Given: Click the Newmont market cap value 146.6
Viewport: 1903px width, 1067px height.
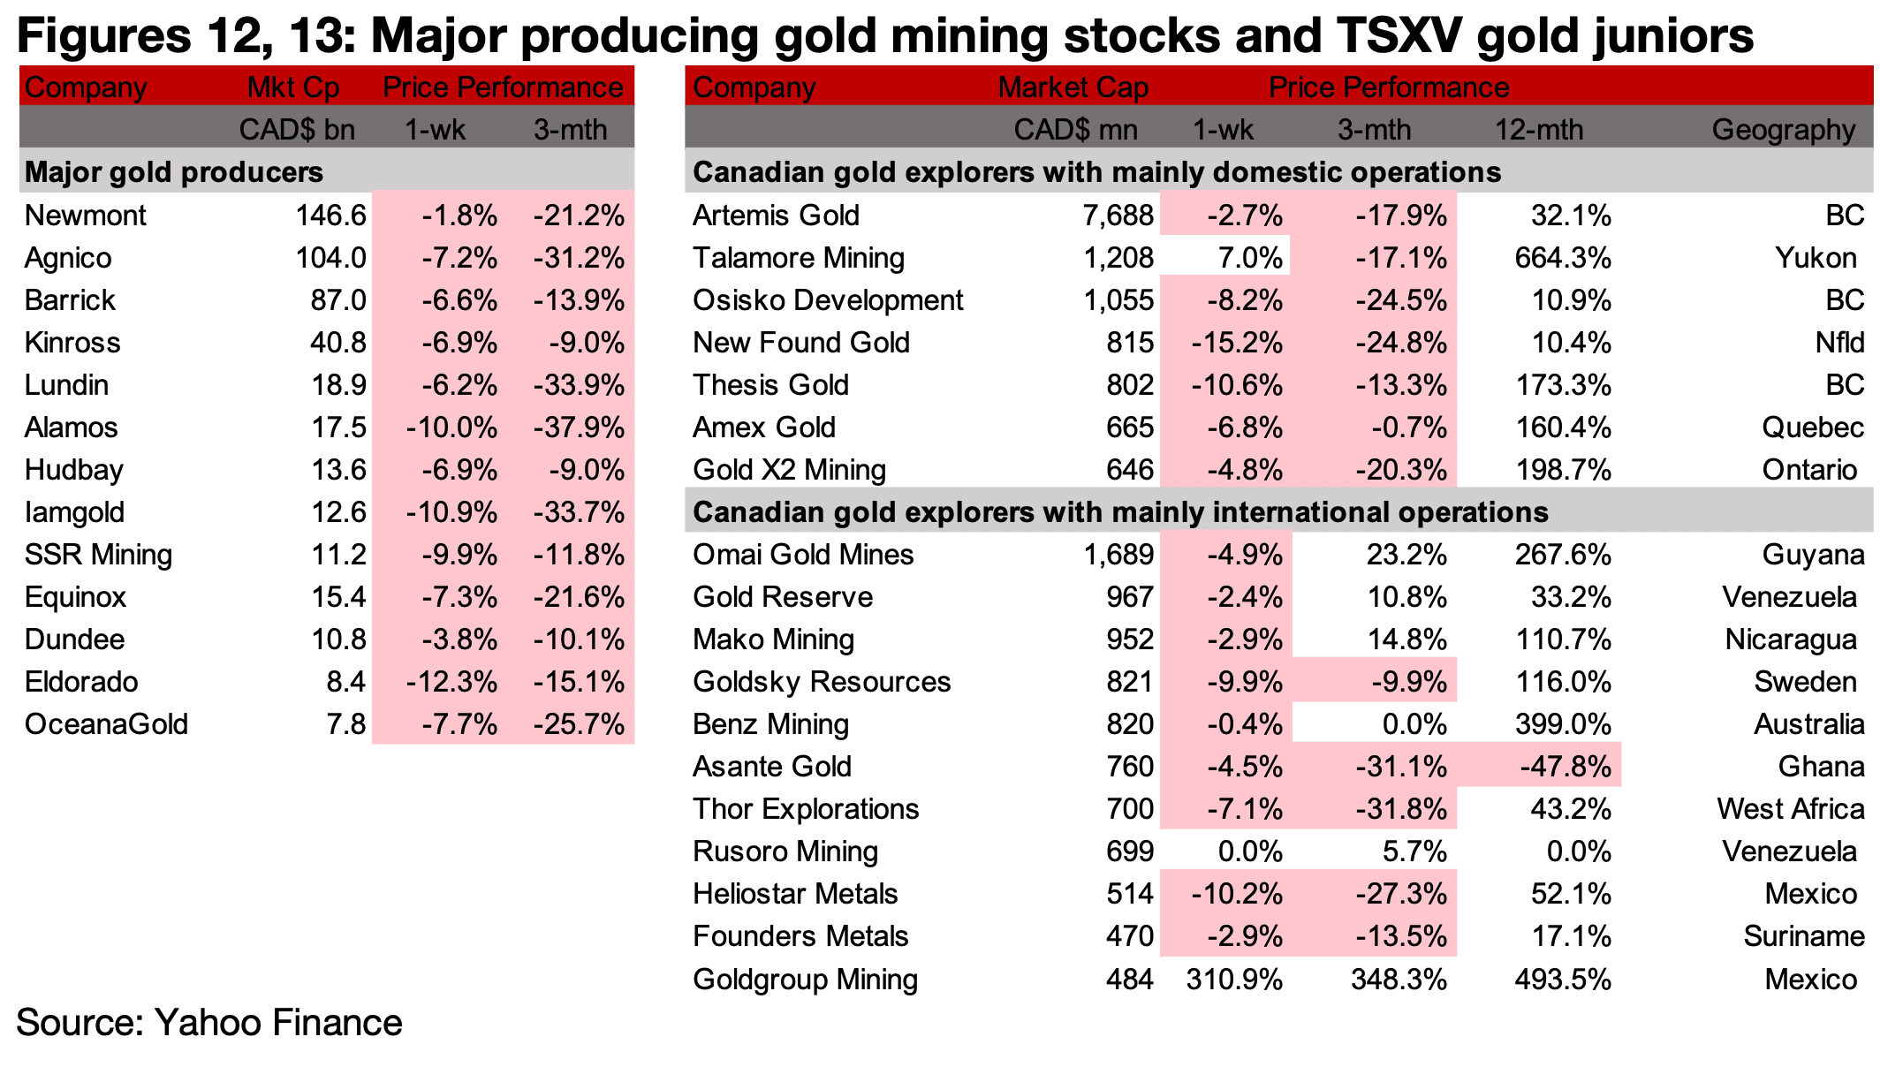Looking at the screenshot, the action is [330, 216].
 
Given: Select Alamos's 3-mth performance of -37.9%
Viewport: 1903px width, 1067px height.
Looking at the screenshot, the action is [579, 428].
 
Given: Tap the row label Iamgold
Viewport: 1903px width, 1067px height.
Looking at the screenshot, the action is [75, 513].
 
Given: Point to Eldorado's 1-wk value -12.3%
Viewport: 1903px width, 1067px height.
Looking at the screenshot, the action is [451, 682].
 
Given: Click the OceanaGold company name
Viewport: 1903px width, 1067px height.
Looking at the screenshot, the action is [107, 724].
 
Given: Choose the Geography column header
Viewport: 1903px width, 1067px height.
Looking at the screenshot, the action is [1784, 131].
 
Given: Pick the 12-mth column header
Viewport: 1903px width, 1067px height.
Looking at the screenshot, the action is [1539, 130].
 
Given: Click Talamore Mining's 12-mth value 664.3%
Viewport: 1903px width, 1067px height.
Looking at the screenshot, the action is [1563, 258].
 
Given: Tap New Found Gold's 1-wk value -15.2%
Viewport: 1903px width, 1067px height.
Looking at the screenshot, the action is [1237, 343].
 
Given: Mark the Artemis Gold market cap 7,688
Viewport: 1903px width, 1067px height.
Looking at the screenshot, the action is [1118, 216].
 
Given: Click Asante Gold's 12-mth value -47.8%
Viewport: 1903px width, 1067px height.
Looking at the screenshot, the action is [1566, 767].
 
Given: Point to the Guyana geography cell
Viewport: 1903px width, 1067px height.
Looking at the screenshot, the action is [1814, 556].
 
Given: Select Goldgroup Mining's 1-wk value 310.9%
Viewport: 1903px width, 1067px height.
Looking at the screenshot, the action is [1234, 980].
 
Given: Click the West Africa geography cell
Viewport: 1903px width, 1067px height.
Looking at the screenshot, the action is [1791, 809].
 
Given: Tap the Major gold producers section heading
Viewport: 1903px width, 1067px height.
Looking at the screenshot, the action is [174, 173].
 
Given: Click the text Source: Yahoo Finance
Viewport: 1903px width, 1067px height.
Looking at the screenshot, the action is [209, 1023].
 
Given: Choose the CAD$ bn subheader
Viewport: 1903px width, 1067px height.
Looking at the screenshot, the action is [297, 131].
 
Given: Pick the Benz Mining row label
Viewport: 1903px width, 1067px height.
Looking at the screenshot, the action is [770, 725].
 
